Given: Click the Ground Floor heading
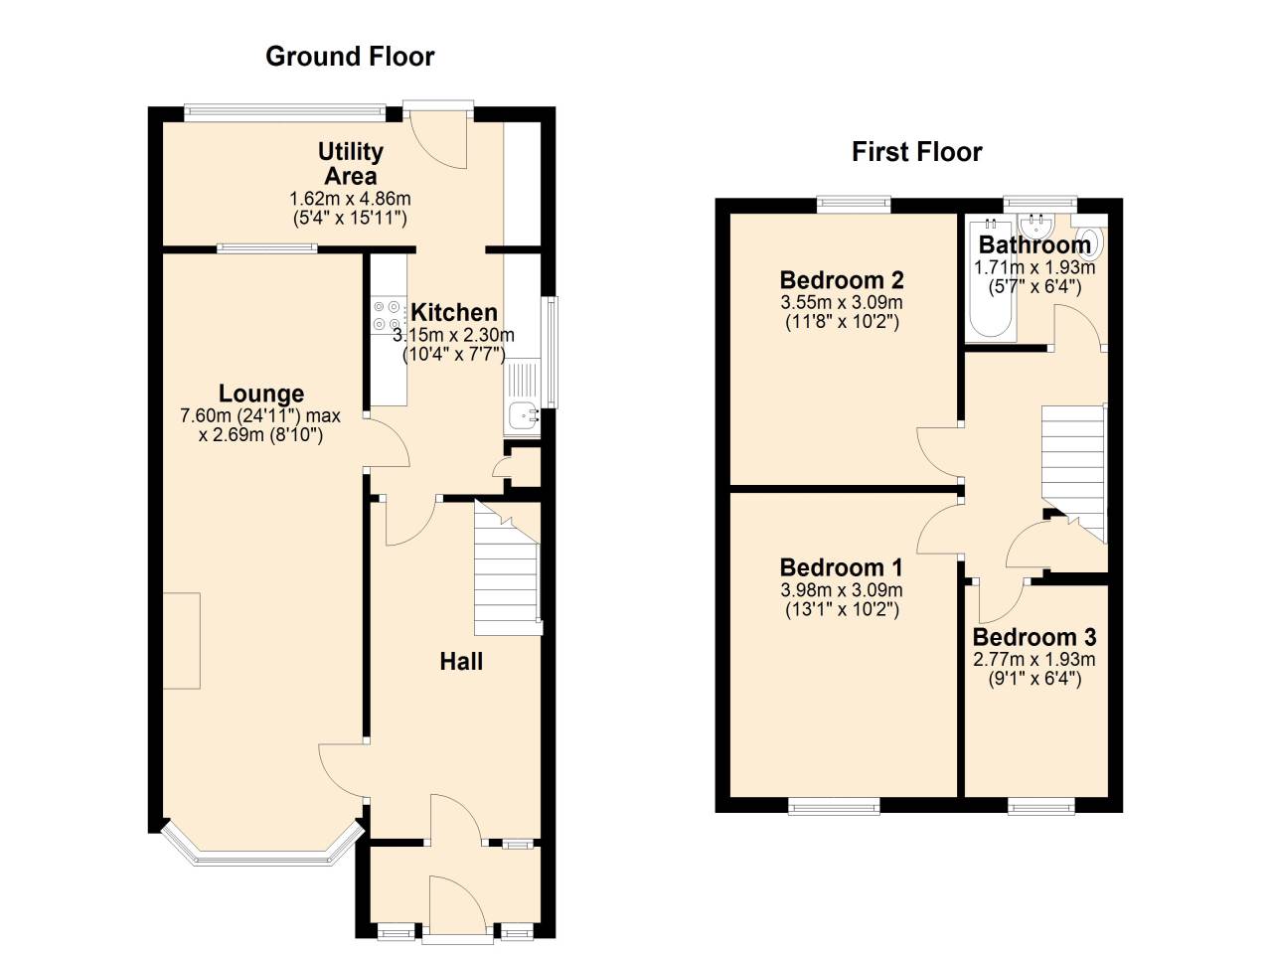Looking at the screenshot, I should (350, 57).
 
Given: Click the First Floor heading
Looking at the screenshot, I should (916, 152).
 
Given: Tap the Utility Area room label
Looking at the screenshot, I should (350, 164).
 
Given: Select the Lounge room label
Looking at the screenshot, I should (261, 394).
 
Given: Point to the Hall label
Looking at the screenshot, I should (461, 662).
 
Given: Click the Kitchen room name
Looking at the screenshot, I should (454, 312).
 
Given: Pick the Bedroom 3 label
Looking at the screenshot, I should (1033, 637).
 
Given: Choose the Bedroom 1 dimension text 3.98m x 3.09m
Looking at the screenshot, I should (841, 590).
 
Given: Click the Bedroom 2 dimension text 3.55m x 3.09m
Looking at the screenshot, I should (841, 303).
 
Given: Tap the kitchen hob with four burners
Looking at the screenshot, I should (388, 316).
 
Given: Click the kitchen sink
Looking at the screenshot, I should (522, 416).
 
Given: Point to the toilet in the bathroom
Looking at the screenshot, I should (1090, 240).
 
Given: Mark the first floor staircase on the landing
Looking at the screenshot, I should (1073, 467).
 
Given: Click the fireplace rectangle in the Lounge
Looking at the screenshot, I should (181, 641).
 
